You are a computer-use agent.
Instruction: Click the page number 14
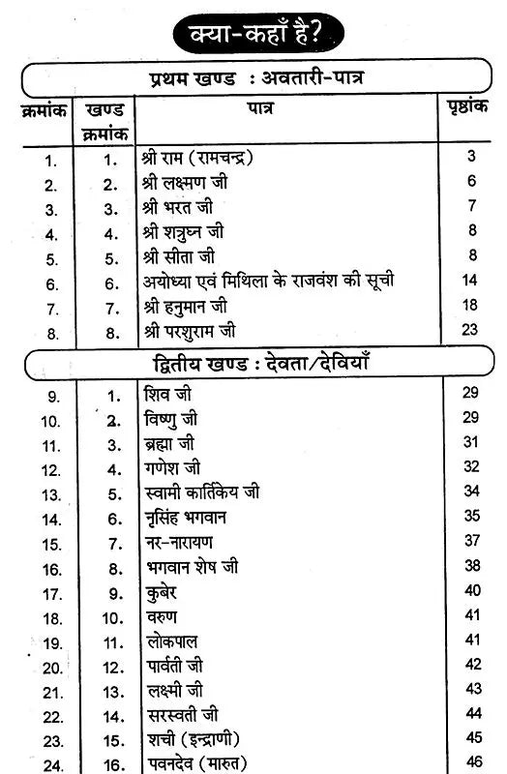coord(471,281)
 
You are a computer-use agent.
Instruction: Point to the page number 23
coord(471,329)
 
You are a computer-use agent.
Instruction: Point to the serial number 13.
coord(51,493)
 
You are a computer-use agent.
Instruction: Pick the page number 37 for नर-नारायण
coord(472,540)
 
